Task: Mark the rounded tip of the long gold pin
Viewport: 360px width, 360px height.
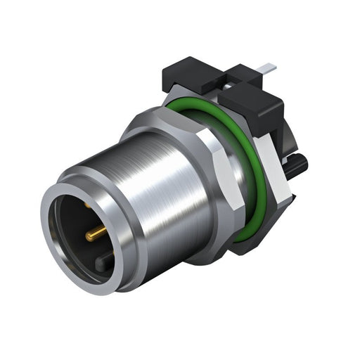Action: [x=105, y=231]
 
